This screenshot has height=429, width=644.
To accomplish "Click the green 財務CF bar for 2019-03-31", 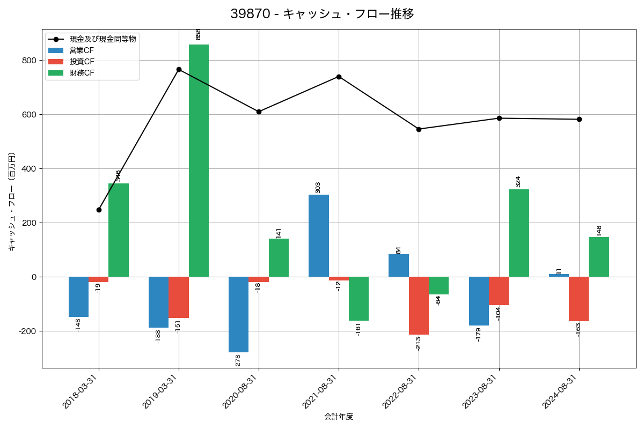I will [x=199, y=161].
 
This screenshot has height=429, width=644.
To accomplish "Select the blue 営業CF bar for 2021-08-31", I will [x=319, y=236].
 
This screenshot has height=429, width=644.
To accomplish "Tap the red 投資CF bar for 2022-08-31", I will [x=419, y=306].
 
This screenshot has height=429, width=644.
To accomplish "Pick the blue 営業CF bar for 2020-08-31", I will [x=238, y=315].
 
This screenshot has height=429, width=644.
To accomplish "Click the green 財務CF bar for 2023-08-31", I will [x=519, y=233].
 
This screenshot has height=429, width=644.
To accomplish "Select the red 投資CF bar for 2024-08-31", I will [x=579, y=299].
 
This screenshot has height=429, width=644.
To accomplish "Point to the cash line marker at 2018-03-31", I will [x=99, y=210].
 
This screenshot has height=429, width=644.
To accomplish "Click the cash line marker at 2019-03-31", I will [x=179, y=69].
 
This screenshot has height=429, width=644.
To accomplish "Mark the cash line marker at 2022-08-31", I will [x=419, y=129].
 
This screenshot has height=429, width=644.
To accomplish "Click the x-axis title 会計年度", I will [x=339, y=417].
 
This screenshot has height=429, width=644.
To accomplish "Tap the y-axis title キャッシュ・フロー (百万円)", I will [x=12, y=202].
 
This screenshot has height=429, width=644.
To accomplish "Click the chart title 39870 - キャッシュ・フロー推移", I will [x=322, y=14].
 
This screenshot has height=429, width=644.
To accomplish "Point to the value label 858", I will [x=198, y=34].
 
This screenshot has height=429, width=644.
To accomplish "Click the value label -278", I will [x=238, y=361].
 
